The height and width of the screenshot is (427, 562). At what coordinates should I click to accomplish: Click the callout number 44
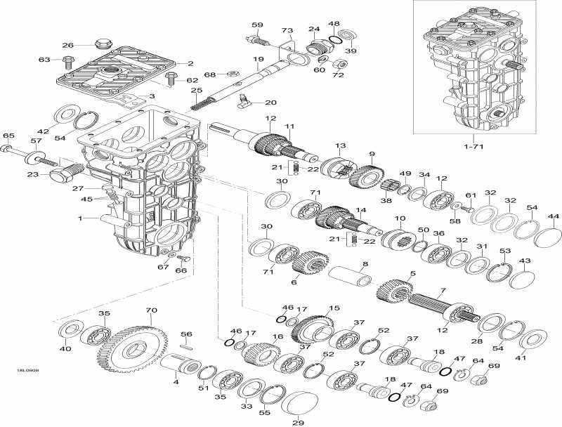coord(554,216)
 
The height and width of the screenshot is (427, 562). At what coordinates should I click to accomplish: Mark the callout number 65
coord(8,136)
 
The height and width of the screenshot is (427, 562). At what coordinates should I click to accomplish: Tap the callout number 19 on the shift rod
coord(259,59)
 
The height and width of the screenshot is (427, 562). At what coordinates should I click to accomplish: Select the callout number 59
coord(257,26)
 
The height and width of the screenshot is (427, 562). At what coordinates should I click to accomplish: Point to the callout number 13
coord(341,145)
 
